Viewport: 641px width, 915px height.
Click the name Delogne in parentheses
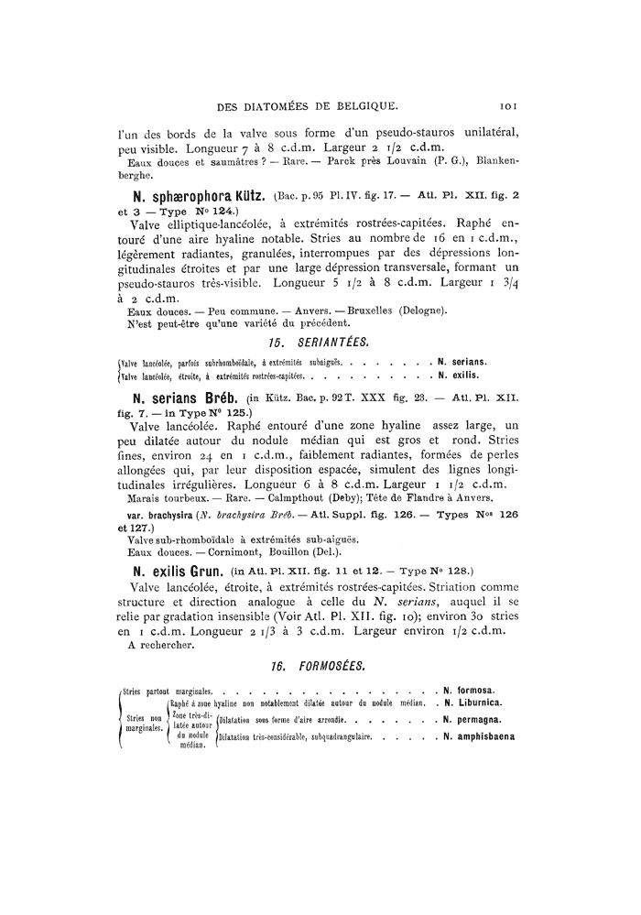[420, 311]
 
